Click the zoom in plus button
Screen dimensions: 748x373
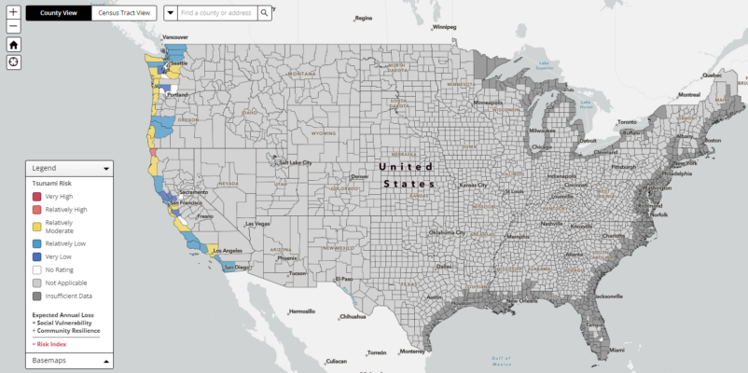point(13,12)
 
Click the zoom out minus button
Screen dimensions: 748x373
point(13,27)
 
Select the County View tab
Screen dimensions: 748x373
point(58,13)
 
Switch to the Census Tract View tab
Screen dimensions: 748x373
point(125,13)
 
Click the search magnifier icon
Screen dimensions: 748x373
point(265,13)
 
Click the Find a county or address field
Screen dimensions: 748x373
point(217,13)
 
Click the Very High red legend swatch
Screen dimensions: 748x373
point(37,197)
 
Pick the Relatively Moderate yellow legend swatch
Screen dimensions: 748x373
point(37,227)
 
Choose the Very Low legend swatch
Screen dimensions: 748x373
point(37,256)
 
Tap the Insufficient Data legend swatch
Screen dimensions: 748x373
point(37,297)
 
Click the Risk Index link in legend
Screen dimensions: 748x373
point(49,343)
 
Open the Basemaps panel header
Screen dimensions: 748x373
point(69,360)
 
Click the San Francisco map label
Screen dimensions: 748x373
point(187,203)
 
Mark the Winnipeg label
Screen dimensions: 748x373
point(444,26)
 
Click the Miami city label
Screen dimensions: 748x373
point(616,350)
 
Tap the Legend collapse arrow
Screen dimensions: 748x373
point(106,169)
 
